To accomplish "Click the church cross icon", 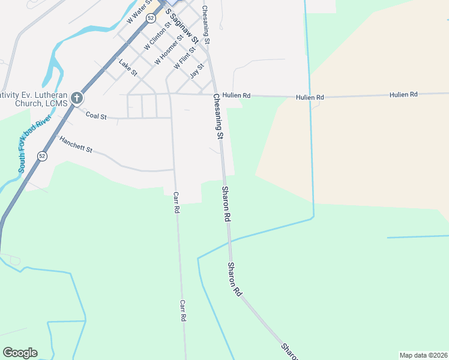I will click(x=77, y=97).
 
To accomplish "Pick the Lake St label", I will click(x=128, y=67).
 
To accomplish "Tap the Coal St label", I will click(x=96, y=115).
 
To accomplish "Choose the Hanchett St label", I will click(x=76, y=144).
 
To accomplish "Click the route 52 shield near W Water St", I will click(x=151, y=19).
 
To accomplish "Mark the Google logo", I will click(x=20, y=353).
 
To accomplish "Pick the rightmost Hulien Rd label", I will click(x=403, y=95).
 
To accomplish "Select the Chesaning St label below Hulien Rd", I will click(x=217, y=116).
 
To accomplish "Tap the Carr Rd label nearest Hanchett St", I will click(x=176, y=203).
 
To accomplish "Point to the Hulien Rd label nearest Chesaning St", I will click(x=236, y=95).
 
